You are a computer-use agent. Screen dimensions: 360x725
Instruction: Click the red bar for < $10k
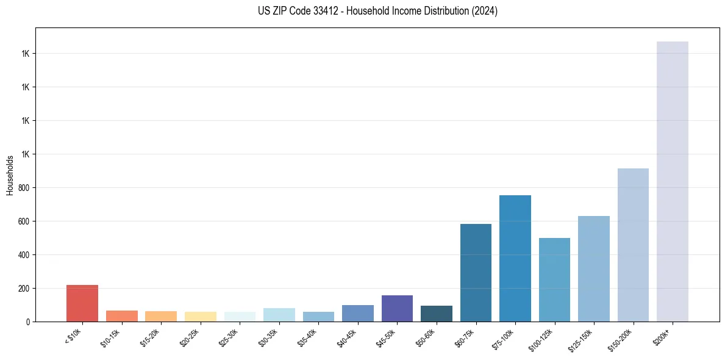coord(82,303)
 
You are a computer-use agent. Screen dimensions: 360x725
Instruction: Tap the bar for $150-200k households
coord(633,245)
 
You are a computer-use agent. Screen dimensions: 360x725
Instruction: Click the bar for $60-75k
coord(476,273)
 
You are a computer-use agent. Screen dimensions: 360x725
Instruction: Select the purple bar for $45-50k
coord(397,308)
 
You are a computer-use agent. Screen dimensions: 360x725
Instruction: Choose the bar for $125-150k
coord(594,268)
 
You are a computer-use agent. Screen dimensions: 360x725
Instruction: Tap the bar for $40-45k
coord(358,313)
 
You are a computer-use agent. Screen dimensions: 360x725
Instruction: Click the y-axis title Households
coord(10,175)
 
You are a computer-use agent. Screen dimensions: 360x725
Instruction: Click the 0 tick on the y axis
coord(28,322)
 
